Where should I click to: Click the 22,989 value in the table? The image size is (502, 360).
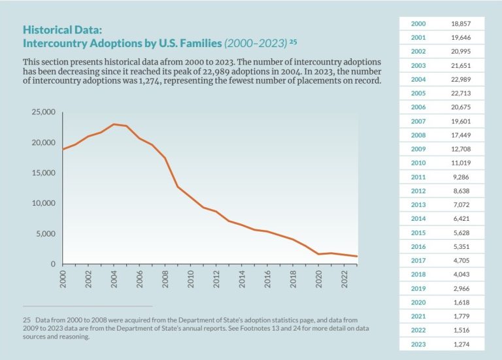tap(460, 79)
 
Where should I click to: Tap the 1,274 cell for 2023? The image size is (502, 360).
tap(460, 344)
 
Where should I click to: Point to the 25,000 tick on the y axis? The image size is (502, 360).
tap(43, 112)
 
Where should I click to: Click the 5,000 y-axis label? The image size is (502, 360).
tap(46, 234)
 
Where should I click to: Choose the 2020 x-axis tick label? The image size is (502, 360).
tap(319, 279)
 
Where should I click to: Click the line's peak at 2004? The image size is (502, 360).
tap(114, 124)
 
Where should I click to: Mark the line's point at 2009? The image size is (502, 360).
tap(178, 187)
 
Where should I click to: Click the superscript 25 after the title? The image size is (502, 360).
tap(293, 42)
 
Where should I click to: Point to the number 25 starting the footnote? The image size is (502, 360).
tap(27, 320)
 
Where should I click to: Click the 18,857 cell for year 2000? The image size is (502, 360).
tap(460, 24)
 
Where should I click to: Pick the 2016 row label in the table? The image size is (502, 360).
tap(419, 246)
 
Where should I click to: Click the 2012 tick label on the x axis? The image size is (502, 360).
tap(217, 279)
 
